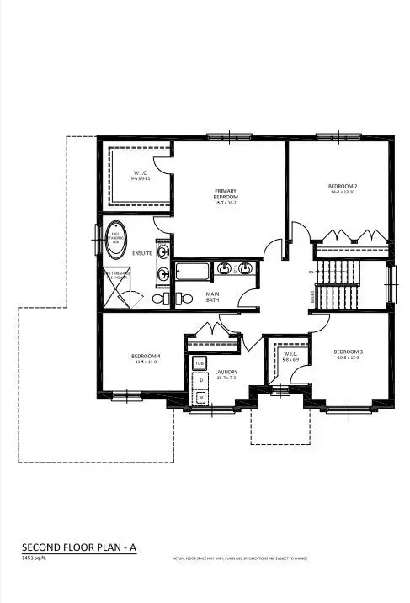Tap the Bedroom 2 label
coord(343,186)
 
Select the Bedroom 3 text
coord(347,352)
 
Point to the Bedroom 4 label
coord(145,357)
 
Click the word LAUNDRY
coord(226,372)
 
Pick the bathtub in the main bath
coord(190,272)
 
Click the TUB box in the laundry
coord(200,363)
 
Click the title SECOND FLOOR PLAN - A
coord(79,547)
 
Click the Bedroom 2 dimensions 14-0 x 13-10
coord(343,193)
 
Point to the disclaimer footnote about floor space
coord(241,558)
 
